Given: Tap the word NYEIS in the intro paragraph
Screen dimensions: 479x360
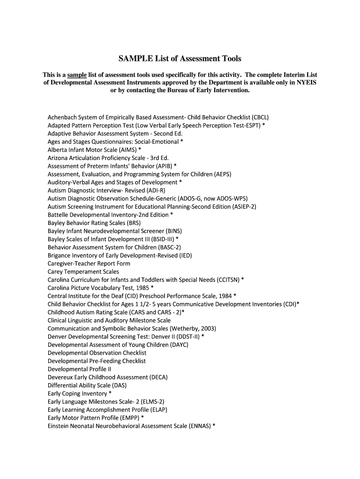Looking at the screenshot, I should (x=305, y=82).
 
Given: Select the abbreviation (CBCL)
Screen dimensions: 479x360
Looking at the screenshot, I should (x=260, y=117).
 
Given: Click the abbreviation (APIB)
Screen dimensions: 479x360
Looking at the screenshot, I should (x=160, y=166).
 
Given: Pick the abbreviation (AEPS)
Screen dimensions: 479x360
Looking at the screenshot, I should (x=223, y=174).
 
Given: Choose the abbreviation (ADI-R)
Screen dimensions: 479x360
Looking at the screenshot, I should (x=156, y=190).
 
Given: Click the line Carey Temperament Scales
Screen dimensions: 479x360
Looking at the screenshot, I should (x=83, y=272).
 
